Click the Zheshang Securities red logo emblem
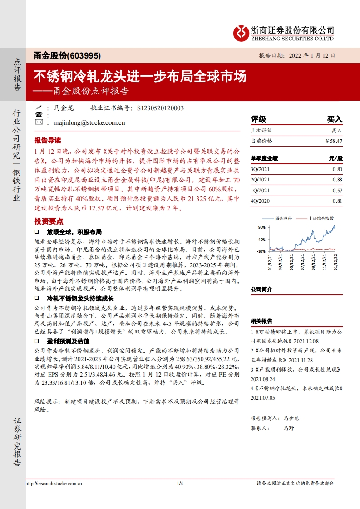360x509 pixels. tap(241, 33)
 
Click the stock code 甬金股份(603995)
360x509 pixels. tap(67, 55)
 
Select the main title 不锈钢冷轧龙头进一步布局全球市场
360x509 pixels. tap(140, 76)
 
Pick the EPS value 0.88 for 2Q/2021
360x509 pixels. tap(337, 180)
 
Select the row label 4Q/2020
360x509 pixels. tap(260, 201)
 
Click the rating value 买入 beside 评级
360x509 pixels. tap(335, 119)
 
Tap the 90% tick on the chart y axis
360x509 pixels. tap(261, 227)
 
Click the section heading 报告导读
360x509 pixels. tap(47, 140)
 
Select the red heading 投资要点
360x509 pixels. tap(47, 221)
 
